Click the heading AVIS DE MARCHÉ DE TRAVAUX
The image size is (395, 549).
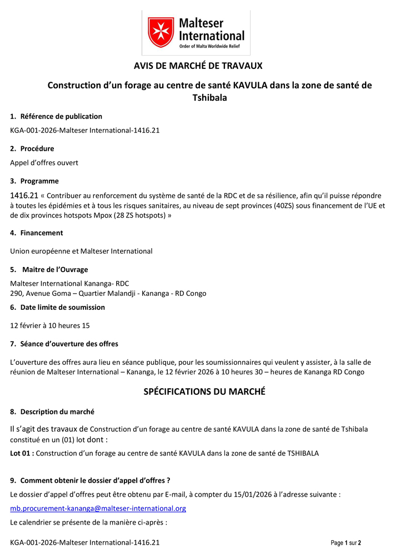pyautogui.click(x=198, y=66)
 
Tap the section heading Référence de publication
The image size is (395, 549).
pyautogui.click(x=61, y=116)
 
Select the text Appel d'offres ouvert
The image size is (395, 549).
pyautogui.click(x=44, y=163)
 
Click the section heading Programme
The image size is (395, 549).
pyautogui.click(x=39, y=181)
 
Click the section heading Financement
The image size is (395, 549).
pyautogui.click(x=42, y=233)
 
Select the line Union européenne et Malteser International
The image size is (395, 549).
pyautogui.click(x=81, y=251)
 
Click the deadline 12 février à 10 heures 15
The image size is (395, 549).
pyautogui.click(x=50, y=325)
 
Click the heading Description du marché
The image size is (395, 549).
pyautogui.click(x=57, y=412)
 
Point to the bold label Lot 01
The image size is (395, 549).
pyautogui.click(x=22, y=453)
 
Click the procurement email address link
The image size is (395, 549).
pyautogui.click(x=98, y=508)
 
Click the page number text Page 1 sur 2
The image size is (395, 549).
pyautogui.click(x=346, y=542)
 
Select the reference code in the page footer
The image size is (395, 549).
pyautogui.click(x=85, y=542)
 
